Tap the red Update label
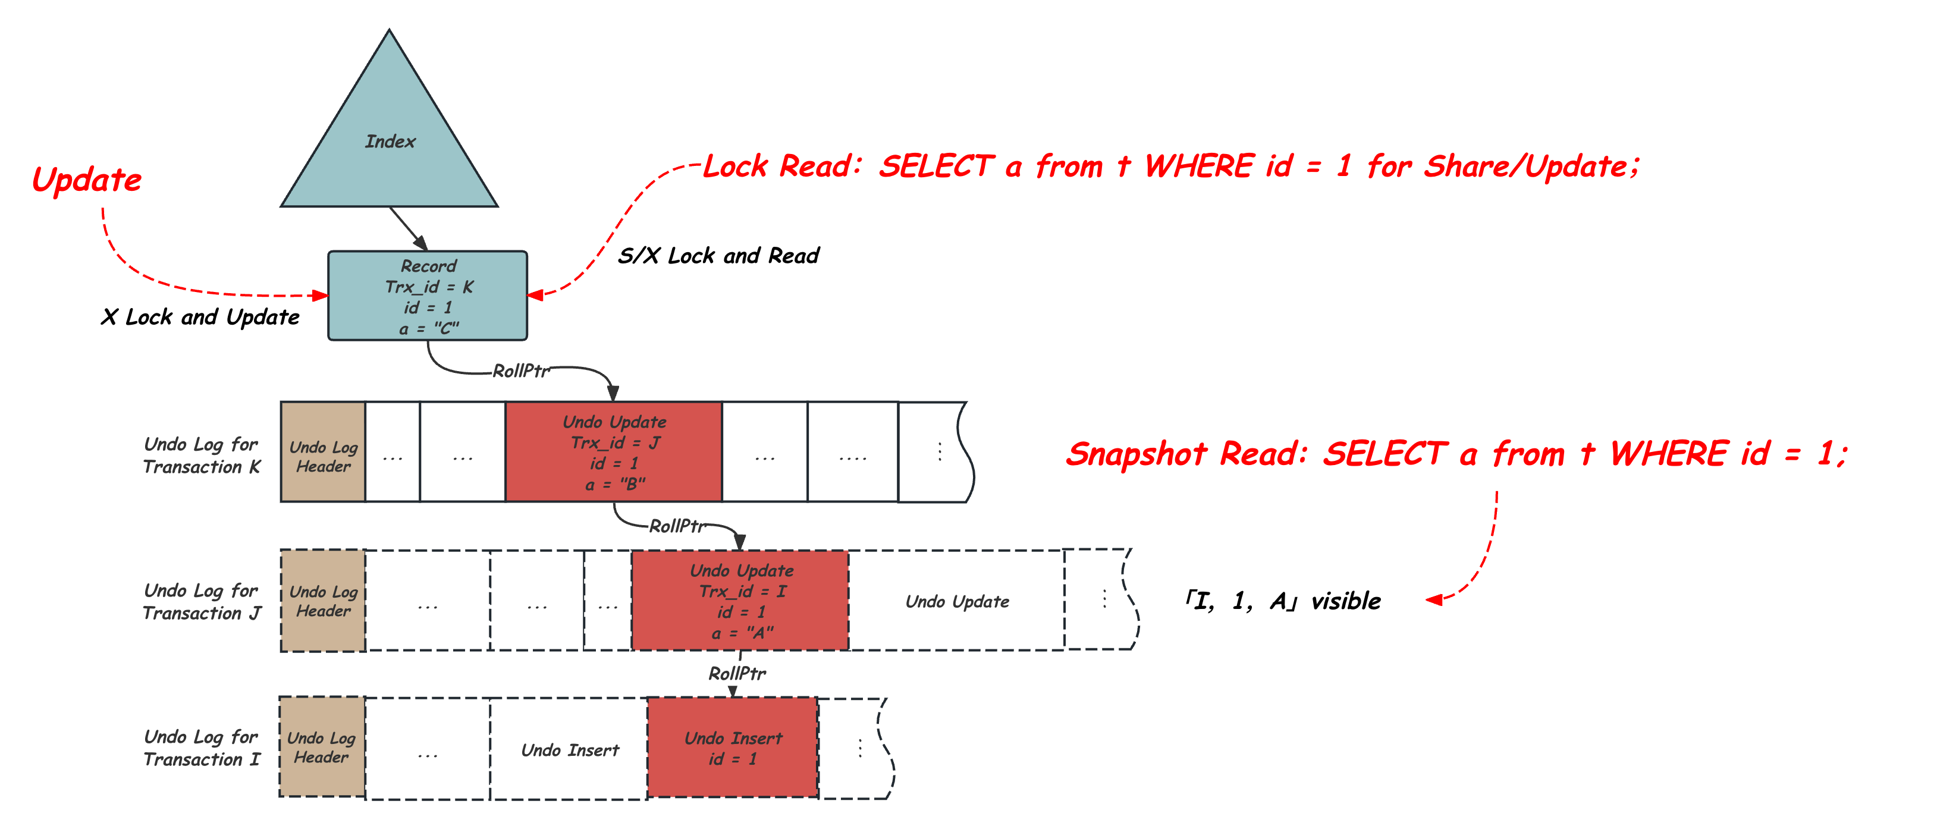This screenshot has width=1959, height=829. point(87,180)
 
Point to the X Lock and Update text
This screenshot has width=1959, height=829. point(200,317)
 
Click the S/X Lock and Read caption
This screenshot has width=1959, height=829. point(718,256)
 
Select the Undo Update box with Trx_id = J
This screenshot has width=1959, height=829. point(614,452)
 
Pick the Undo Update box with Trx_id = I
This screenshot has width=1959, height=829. point(740,601)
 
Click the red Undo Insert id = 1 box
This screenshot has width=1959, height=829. point(732,748)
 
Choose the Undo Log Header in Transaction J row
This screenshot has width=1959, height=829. point(323,601)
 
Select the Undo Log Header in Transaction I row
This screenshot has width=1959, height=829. point(322,748)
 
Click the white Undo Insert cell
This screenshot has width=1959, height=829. point(570,750)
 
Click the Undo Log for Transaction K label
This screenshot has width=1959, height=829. point(202,455)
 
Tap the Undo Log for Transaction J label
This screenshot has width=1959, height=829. point(202,602)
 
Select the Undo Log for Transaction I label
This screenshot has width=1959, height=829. point(202,748)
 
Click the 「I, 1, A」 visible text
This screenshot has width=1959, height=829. point(1283,601)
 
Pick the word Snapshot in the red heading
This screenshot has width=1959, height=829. point(1136,455)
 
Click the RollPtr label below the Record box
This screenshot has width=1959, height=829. point(520,370)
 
